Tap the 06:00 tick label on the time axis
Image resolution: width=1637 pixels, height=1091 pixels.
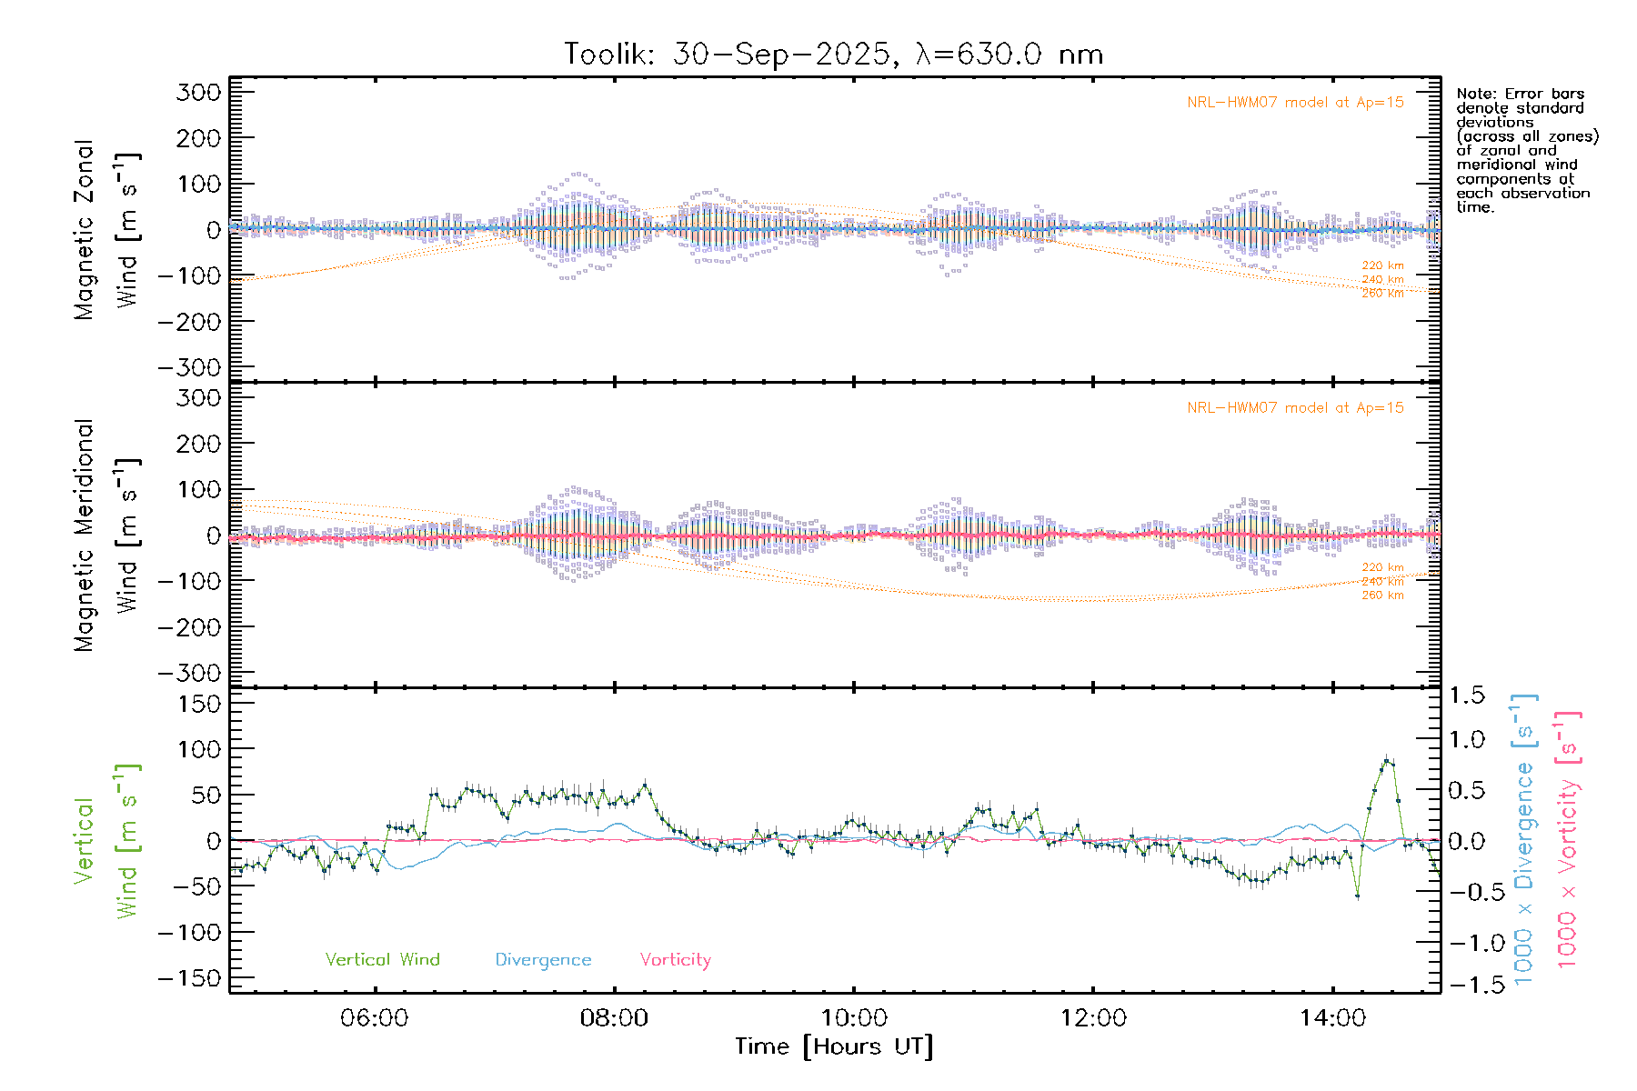click(x=374, y=1018)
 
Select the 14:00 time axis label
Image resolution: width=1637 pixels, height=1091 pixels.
click(x=1332, y=1018)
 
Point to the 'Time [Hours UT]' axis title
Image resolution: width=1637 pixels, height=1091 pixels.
click(x=834, y=1046)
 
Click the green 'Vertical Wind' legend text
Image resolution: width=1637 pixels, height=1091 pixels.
click(x=382, y=960)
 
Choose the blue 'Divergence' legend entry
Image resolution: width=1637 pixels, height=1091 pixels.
click(x=543, y=960)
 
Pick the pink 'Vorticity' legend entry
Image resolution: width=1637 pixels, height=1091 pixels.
click(x=675, y=960)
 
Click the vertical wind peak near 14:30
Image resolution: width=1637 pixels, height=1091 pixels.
click(x=1386, y=759)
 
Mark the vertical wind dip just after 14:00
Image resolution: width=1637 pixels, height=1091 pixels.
click(x=1357, y=896)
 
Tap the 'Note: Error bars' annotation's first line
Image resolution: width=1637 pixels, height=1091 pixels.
click(x=1520, y=94)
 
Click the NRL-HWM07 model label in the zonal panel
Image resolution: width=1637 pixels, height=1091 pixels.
click(x=1295, y=103)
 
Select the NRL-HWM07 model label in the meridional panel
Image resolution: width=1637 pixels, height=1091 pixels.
click(x=1295, y=408)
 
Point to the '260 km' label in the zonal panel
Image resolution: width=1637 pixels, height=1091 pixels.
click(x=1382, y=294)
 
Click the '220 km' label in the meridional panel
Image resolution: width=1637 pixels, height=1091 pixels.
click(x=1382, y=567)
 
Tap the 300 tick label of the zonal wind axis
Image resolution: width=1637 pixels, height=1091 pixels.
click(x=198, y=92)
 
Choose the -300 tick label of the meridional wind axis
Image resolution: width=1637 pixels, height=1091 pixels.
click(x=189, y=674)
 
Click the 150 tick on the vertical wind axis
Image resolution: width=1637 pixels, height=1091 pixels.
click(x=198, y=704)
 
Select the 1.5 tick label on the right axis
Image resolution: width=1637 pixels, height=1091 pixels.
click(x=1467, y=696)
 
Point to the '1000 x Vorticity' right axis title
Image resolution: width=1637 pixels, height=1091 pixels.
click(x=1567, y=841)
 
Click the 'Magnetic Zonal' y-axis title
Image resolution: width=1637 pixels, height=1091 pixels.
click(x=84, y=230)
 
